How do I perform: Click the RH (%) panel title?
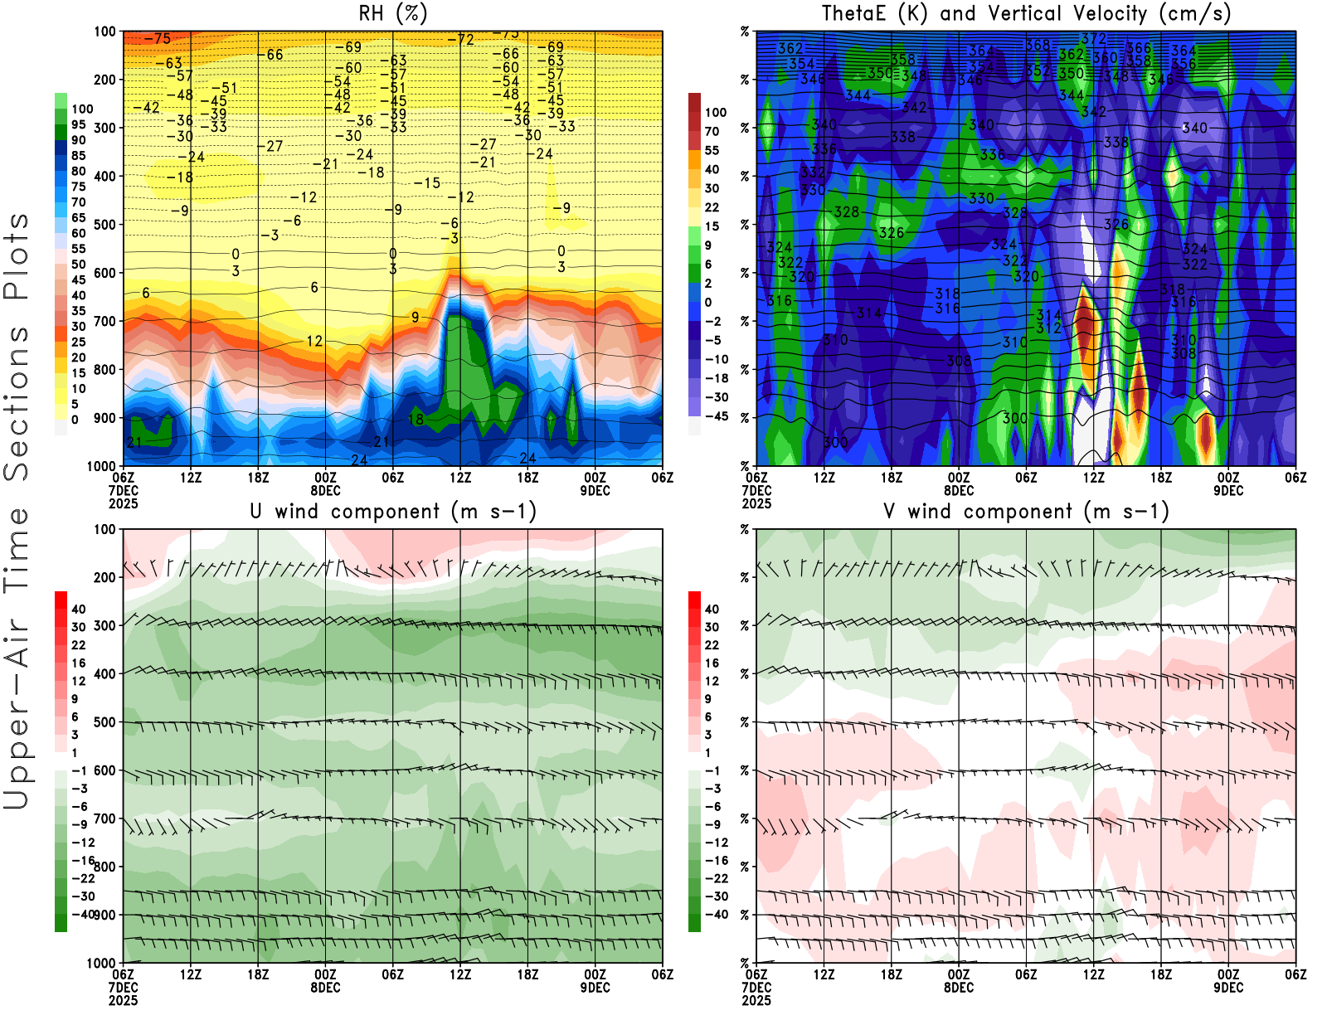(x=392, y=14)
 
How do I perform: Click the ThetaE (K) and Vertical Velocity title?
(x=1026, y=14)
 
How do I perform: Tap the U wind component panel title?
(x=393, y=512)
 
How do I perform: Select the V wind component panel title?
(x=1026, y=512)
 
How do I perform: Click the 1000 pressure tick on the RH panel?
(x=102, y=466)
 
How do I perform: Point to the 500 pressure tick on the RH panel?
(x=105, y=224)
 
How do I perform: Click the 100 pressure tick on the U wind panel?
(x=105, y=529)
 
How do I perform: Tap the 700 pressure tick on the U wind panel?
(x=105, y=819)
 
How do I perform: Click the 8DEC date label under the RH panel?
(x=325, y=490)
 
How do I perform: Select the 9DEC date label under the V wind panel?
(x=1228, y=988)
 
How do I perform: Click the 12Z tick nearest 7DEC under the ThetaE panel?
(x=824, y=478)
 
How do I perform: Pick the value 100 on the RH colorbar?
(x=82, y=109)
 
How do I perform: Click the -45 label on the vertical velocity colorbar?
(x=716, y=416)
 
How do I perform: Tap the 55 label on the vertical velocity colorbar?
(x=712, y=150)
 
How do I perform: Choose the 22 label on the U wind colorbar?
(x=78, y=645)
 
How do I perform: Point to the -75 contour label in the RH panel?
(x=157, y=39)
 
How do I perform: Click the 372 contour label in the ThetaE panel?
(x=1094, y=38)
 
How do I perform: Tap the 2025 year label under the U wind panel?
(x=123, y=1000)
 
